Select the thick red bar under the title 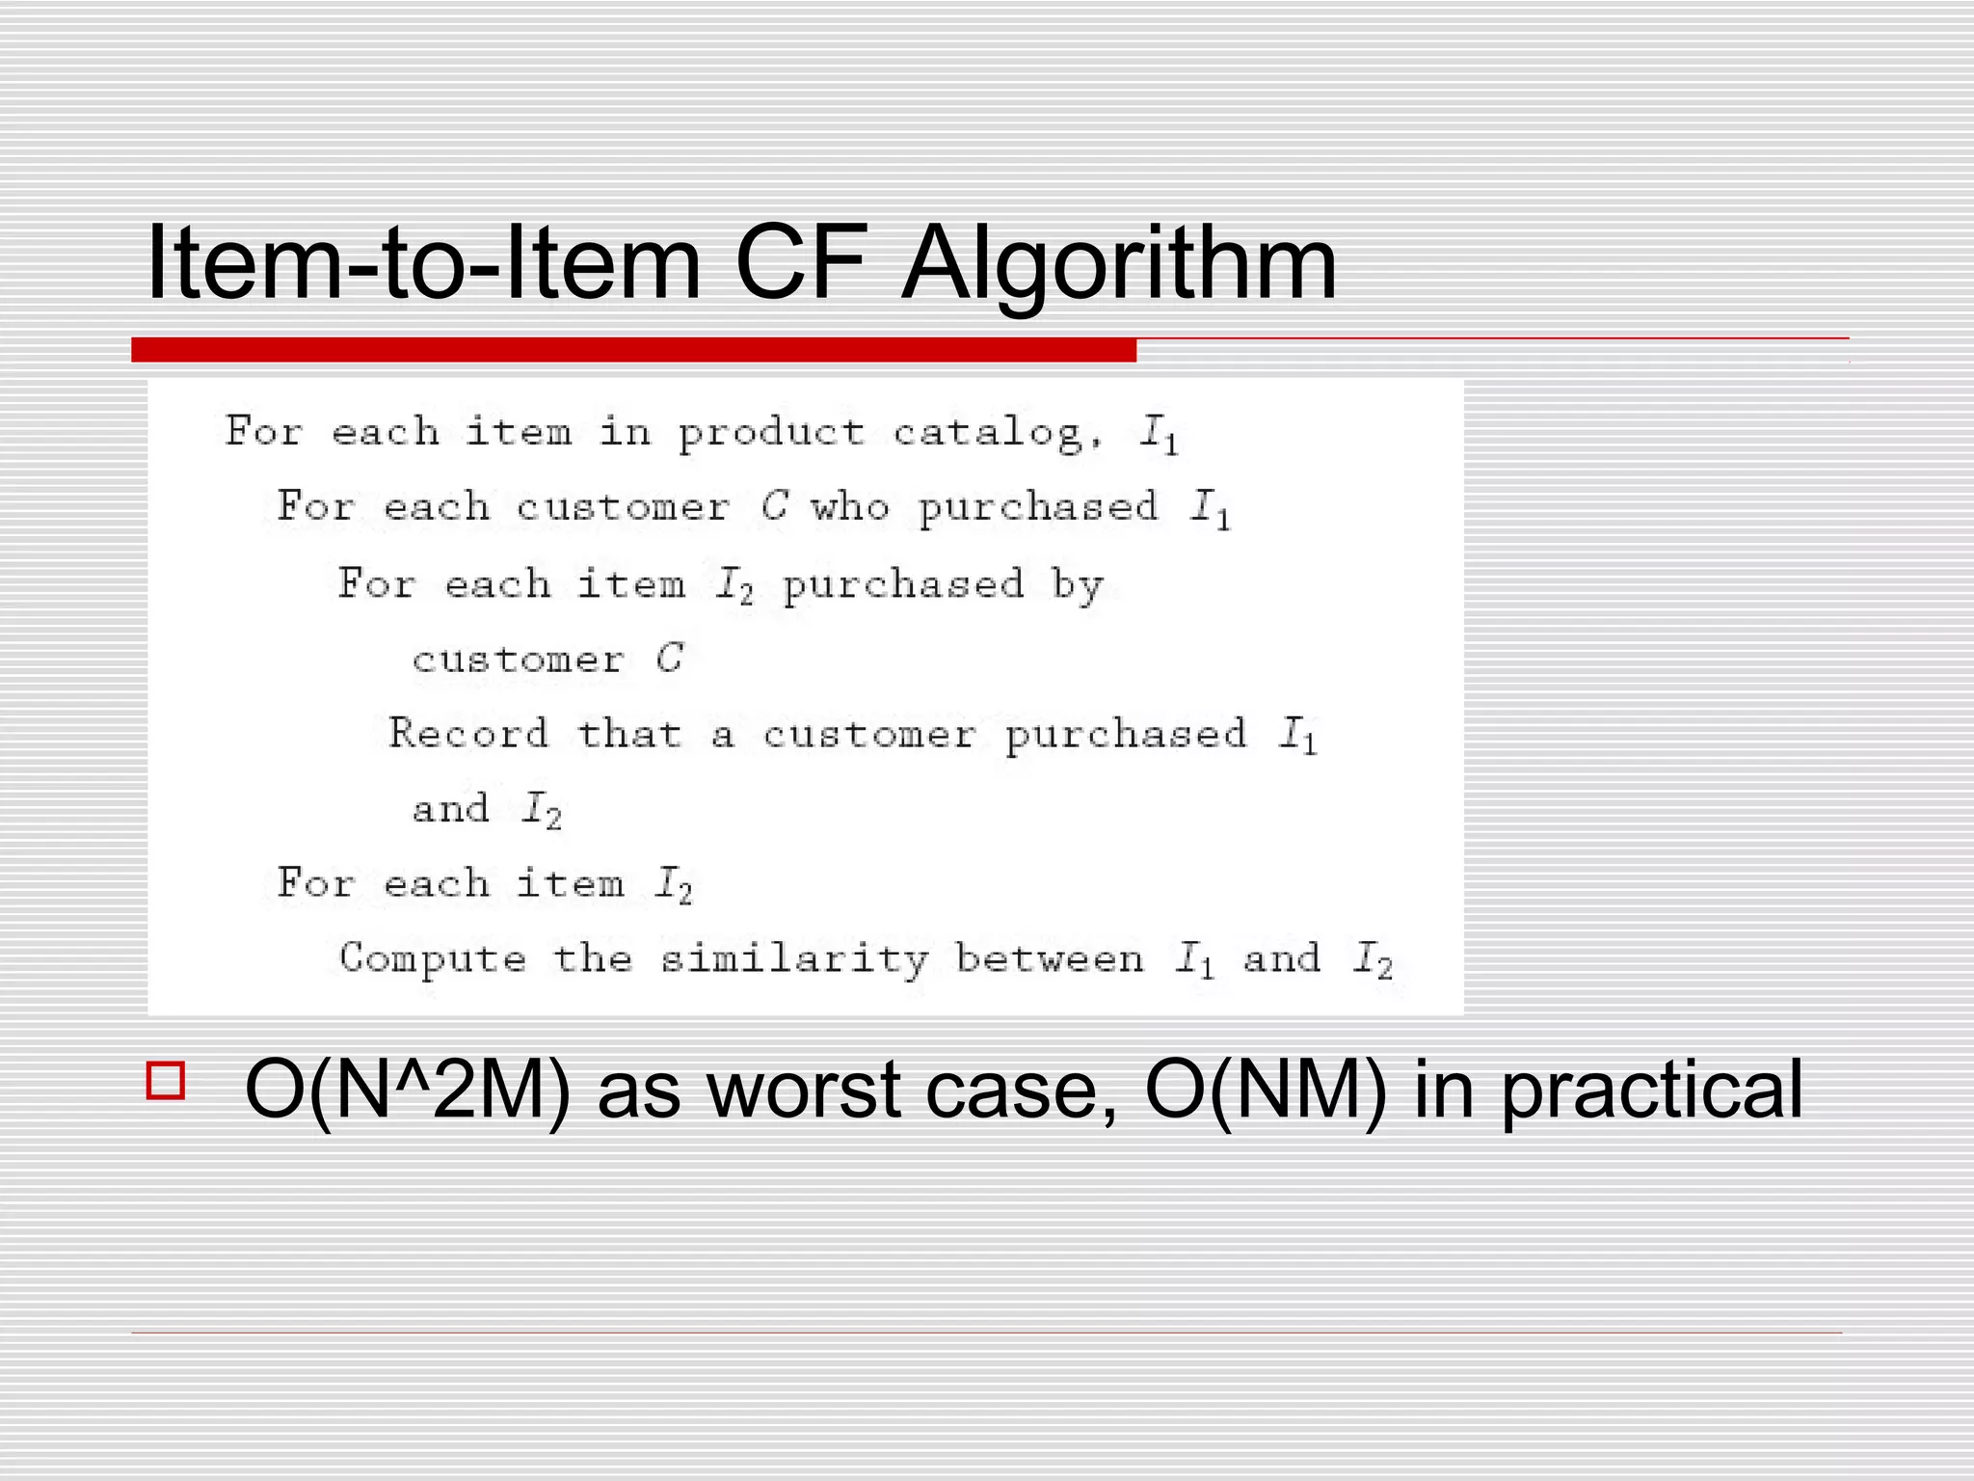click(633, 350)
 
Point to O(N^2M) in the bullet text click(407, 1091)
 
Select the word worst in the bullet click(803, 1091)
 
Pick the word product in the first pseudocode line click(771, 433)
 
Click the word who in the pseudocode click(849, 507)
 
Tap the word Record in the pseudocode click(468, 734)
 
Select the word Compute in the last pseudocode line click(433, 958)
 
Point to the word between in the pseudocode click(1049, 958)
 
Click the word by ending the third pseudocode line click(1078, 585)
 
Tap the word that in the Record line click(628, 734)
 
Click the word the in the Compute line click(593, 958)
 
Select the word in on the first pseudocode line click(625, 431)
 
